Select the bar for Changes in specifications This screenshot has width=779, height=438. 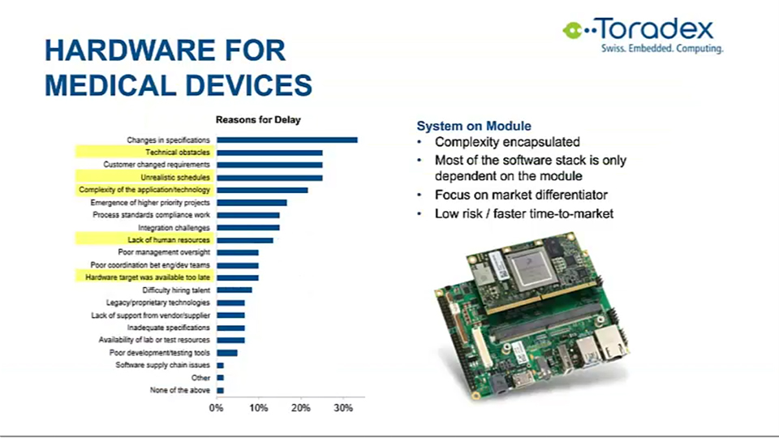click(x=286, y=140)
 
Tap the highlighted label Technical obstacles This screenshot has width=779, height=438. click(x=178, y=152)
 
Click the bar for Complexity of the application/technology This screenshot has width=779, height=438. click(x=262, y=190)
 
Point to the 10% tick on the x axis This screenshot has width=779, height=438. click(x=258, y=408)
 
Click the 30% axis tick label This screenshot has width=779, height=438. click(x=342, y=408)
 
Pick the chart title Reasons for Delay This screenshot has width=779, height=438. click(x=257, y=120)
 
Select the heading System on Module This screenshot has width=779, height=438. click(x=474, y=127)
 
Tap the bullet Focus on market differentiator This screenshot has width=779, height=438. click(x=522, y=195)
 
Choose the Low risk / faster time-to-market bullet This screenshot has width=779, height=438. click(x=524, y=214)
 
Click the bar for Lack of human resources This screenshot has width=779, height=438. click(x=244, y=240)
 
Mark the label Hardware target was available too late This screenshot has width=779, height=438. click(x=148, y=277)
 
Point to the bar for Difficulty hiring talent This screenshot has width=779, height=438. click(x=234, y=290)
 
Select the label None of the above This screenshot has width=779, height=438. click(x=180, y=390)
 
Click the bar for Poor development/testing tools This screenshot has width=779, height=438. click(x=226, y=353)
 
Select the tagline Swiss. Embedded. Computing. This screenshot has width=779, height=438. click(x=661, y=49)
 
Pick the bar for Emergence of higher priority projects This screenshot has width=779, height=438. click(x=252, y=203)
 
